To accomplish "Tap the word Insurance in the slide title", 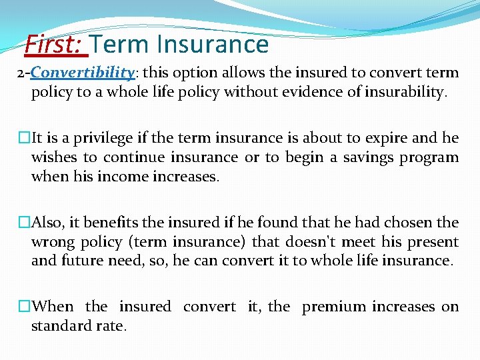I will tap(213, 45).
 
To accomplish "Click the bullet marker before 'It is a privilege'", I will tap(24, 139).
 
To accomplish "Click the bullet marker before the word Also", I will tap(24, 223).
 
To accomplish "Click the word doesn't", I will tap(315, 242).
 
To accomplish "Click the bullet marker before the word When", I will tap(24, 307).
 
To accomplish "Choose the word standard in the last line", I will tap(63, 327).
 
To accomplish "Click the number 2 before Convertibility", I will tap(21, 73).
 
